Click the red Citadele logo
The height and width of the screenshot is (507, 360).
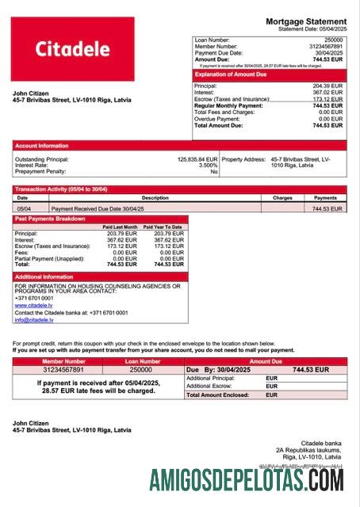(72, 49)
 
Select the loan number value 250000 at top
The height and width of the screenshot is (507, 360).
(334, 40)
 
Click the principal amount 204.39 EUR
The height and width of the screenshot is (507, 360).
(327, 86)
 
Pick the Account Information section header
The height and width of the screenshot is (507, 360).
(42, 146)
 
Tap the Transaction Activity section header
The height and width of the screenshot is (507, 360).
(61, 189)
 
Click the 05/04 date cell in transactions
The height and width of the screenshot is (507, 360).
(24, 208)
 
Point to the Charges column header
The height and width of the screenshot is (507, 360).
(282, 198)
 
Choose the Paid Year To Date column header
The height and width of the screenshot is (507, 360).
(163, 227)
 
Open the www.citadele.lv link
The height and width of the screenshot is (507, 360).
(31, 305)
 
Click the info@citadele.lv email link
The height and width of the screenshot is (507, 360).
(33, 320)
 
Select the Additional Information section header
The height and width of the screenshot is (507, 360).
(44, 277)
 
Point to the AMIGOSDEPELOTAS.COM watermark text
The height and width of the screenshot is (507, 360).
(247, 480)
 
